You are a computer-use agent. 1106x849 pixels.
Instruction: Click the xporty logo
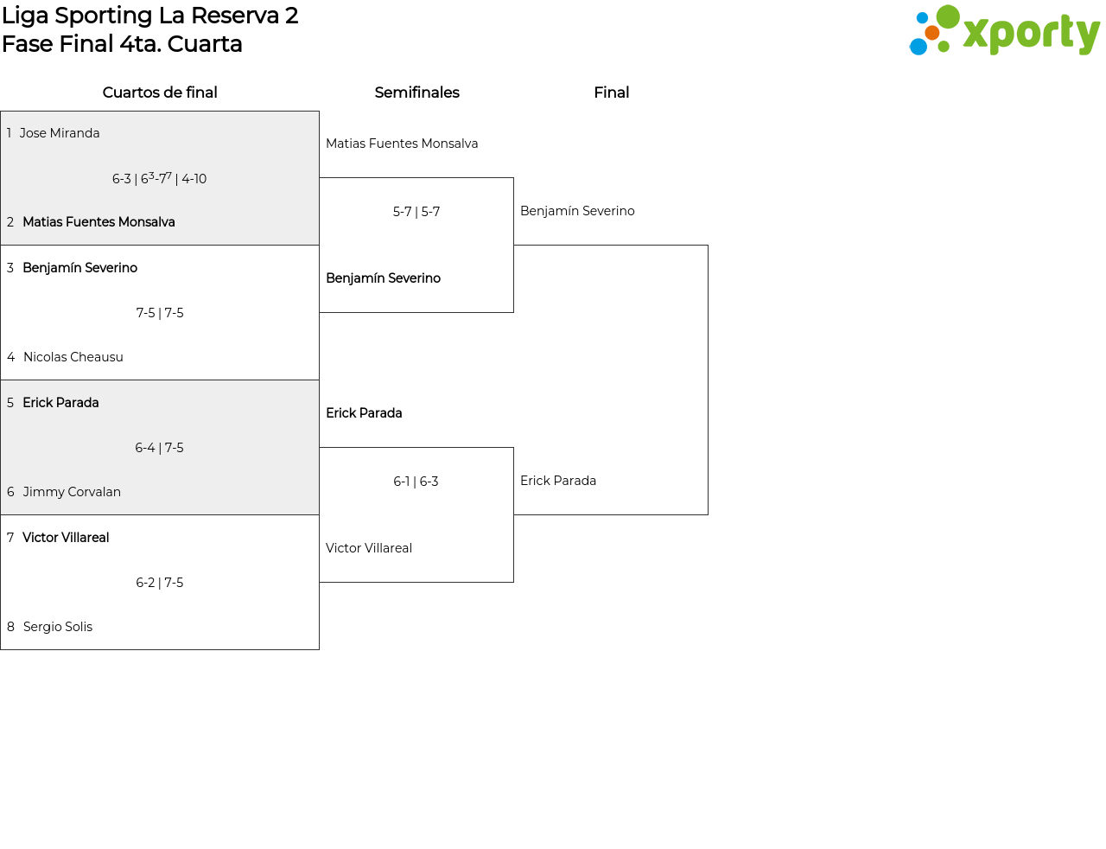click(1004, 31)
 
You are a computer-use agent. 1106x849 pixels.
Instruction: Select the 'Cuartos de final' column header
click(160, 93)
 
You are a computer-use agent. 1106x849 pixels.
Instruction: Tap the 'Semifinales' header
click(416, 93)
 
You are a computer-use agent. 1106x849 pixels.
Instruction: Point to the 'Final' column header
click(611, 93)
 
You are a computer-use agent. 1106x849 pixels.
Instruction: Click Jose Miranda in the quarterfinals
click(60, 133)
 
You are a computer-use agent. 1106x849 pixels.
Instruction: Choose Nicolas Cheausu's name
click(73, 357)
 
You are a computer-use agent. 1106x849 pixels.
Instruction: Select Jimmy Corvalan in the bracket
click(72, 492)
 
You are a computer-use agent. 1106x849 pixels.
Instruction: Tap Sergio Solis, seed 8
click(57, 627)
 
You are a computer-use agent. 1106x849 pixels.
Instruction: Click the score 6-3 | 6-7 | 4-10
click(159, 178)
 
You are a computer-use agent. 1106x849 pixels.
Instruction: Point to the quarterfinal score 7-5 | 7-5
click(160, 313)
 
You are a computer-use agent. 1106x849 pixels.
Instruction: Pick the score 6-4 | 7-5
click(159, 448)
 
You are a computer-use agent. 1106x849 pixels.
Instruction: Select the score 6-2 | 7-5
click(160, 583)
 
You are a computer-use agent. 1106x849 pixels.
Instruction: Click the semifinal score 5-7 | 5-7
click(416, 212)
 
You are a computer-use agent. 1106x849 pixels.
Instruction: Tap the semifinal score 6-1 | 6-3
click(416, 482)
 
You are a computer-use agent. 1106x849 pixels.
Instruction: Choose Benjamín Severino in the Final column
click(577, 211)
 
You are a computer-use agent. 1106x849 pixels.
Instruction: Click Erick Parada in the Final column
click(558, 481)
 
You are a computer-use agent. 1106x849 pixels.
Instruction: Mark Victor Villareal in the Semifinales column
click(369, 548)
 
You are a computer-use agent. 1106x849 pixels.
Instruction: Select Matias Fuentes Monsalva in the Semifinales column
click(402, 144)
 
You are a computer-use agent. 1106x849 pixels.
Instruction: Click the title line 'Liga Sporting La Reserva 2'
click(150, 16)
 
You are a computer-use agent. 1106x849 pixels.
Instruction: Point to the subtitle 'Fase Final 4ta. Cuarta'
click(122, 44)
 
